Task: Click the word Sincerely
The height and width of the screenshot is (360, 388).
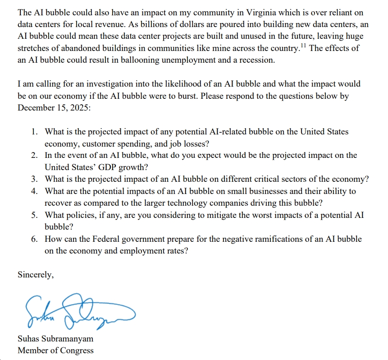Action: pos(36,275)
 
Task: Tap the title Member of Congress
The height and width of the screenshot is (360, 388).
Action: pos(55,350)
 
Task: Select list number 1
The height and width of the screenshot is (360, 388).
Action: pos(35,132)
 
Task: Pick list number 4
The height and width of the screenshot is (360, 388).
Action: pos(35,191)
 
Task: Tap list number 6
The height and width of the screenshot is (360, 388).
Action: pos(35,239)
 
